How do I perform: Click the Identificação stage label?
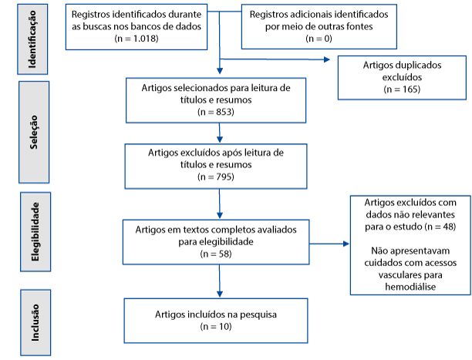coord(32,39)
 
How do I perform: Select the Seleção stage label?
coord(34,132)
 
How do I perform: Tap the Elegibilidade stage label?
coord(35,232)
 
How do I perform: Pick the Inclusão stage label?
coord(35,323)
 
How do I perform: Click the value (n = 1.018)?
coord(137,39)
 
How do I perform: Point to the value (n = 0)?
coord(319,39)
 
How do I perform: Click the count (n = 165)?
coord(402,89)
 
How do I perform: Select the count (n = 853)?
coord(216,112)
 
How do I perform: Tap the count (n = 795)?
coord(216,177)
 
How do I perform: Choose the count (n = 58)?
coord(216,254)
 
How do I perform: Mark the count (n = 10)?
coord(216,327)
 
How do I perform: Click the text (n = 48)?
coord(440,227)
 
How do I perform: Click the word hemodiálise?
coord(410,287)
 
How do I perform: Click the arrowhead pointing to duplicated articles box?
coord(327,59)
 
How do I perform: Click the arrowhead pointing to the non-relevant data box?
coord(346,244)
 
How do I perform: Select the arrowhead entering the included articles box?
coord(220,294)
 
